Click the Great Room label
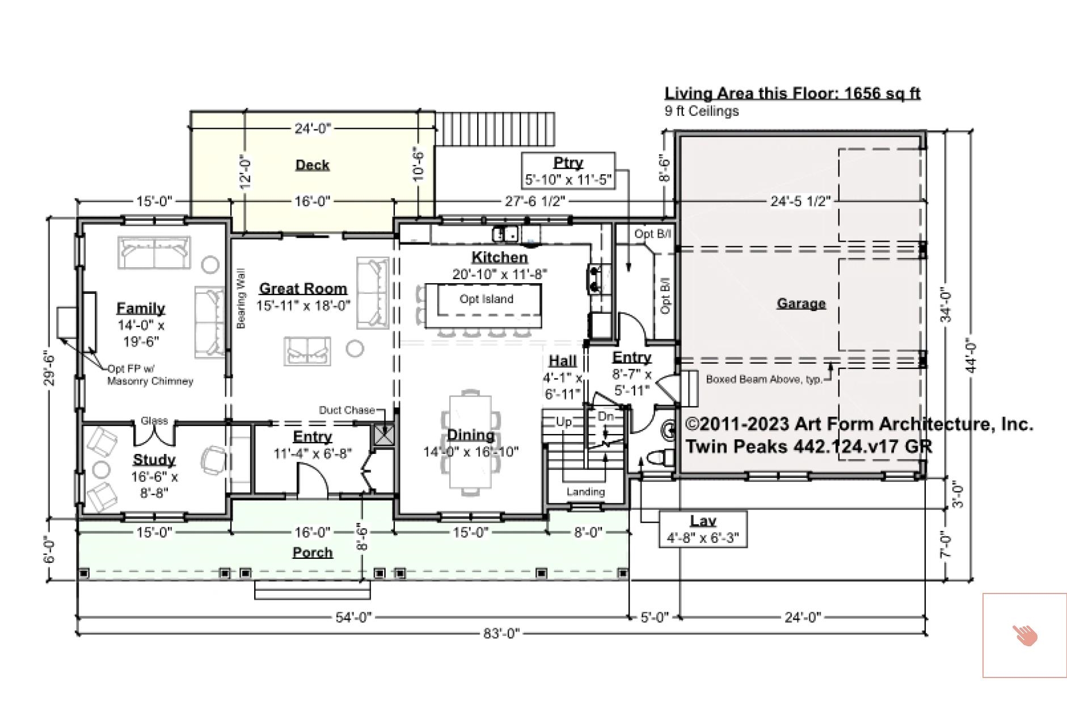pos(303,288)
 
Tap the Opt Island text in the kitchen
pos(486,299)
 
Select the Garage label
pos(800,304)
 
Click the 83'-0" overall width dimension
pos(501,633)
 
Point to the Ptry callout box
pos(568,171)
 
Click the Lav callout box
pos(703,529)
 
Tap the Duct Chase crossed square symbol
pos(384,435)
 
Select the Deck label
pos(312,165)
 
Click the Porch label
pos(312,552)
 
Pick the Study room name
pos(154,459)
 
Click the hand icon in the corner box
pos(1025,635)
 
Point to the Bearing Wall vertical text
pos(241,298)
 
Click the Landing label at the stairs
pos(585,491)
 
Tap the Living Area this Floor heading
pos(792,93)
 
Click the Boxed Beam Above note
pos(764,379)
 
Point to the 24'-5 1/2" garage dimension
pos(800,201)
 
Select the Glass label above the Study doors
pos(154,420)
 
